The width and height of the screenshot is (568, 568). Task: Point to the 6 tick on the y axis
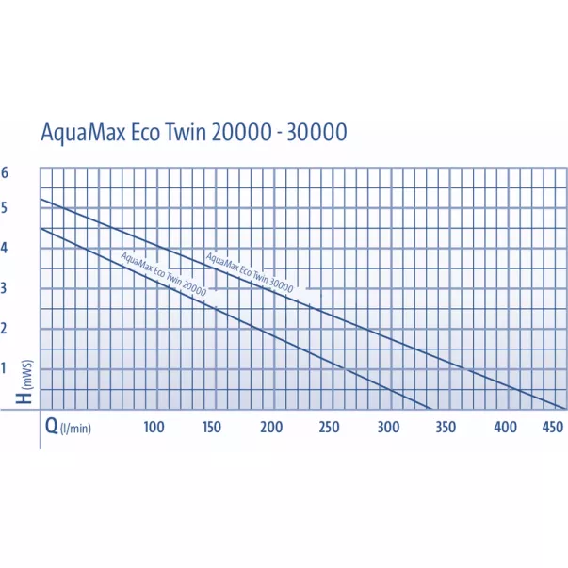coord(5,172)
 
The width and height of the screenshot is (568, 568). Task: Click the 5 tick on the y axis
coord(5,208)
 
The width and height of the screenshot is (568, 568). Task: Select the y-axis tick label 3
coord(5,288)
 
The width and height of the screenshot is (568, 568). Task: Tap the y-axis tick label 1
coord(5,367)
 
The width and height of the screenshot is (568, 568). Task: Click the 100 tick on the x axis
coord(154,427)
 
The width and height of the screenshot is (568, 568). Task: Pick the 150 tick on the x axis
coord(212,427)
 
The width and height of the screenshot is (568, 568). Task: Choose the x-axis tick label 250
coord(329,427)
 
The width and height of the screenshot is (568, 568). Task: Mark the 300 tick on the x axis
coord(387,427)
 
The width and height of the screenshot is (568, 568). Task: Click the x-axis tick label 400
coord(505,427)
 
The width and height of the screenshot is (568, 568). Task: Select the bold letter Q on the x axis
coord(52,426)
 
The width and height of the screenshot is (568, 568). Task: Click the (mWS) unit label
coord(28,376)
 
